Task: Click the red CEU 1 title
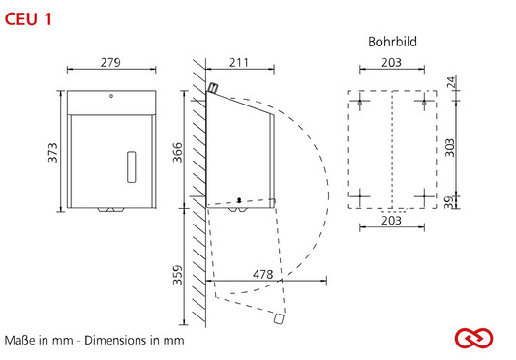point(28,19)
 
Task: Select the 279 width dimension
point(110,62)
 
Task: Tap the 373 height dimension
point(52,152)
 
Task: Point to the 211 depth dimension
point(239,62)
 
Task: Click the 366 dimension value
point(177,152)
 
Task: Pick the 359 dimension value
point(177,275)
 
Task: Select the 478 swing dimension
point(263,274)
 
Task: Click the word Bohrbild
point(392,42)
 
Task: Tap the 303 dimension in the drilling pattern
point(449,148)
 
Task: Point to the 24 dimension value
point(451,82)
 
